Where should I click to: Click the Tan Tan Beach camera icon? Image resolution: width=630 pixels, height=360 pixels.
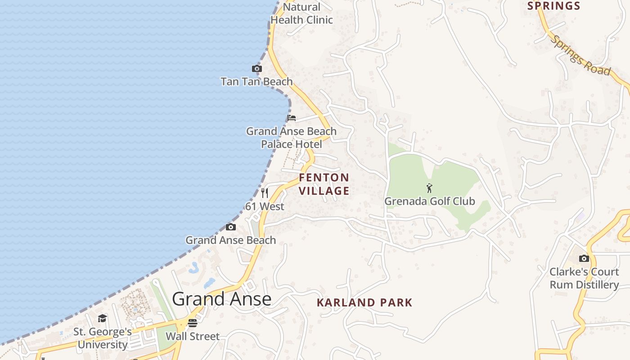point(256,69)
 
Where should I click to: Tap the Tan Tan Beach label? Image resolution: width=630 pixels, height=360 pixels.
point(256,81)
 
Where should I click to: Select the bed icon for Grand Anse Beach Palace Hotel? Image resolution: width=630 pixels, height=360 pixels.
point(292,118)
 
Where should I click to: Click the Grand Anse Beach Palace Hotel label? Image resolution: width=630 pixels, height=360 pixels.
point(291,138)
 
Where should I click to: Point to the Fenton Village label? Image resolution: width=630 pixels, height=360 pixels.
point(324,184)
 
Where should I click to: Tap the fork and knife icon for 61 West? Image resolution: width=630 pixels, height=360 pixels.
point(265,193)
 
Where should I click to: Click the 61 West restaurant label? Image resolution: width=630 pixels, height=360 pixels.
point(265,207)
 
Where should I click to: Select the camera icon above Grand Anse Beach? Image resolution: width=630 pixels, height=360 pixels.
point(230,227)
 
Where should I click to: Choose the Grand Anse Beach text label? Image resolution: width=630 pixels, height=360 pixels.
point(230,240)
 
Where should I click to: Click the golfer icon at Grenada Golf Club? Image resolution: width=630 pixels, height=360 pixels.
point(429,188)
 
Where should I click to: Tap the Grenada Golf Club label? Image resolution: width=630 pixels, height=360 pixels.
point(429,201)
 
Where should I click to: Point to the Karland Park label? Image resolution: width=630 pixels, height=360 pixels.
point(364,302)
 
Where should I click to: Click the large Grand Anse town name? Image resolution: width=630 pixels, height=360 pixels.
point(221,299)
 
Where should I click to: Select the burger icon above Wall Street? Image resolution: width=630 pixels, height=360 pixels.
point(193,323)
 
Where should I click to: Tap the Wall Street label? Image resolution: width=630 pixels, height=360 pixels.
point(193,336)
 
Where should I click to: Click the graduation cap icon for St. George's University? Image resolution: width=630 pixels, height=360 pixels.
point(103,319)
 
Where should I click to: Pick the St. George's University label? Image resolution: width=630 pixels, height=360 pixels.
point(103,338)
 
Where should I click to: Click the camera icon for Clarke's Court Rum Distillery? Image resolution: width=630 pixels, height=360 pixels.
point(584,258)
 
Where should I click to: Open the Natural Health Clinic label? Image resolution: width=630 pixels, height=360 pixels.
point(301,13)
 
